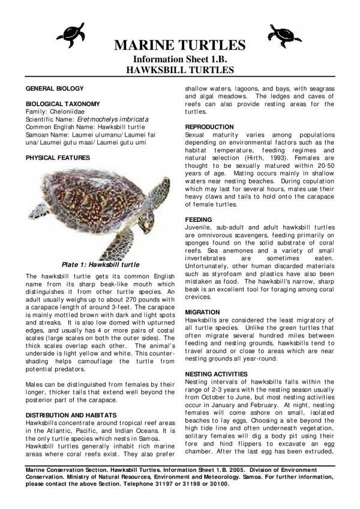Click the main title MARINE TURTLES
(x=179, y=46)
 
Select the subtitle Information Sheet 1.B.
(x=179, y=59)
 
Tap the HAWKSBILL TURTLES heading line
(x=179, y=70)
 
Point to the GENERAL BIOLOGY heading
(x=51, y=88)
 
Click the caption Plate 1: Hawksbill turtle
(x=101, y=264)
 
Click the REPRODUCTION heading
(x=209, y=127)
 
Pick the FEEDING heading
(x=198, y=220)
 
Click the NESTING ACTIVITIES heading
(x=217, y=374)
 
